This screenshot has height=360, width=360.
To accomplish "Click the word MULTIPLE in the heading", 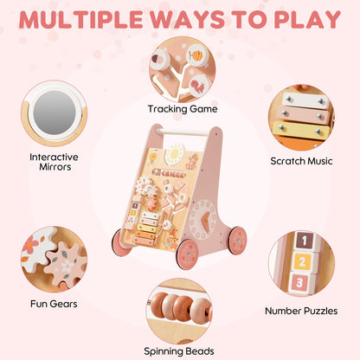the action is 80,20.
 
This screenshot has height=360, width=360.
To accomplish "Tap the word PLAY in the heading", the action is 307,20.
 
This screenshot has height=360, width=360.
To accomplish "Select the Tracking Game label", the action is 183,109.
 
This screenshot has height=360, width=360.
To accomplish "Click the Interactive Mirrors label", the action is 54,162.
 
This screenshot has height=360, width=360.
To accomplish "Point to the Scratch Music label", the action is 301,161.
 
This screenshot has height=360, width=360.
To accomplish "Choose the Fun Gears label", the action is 54,304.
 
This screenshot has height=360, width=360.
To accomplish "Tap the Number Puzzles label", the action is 301,311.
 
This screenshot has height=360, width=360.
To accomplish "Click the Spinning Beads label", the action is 179,351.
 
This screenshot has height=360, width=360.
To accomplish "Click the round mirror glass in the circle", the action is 55,112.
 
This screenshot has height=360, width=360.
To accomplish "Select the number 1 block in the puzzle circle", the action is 305,241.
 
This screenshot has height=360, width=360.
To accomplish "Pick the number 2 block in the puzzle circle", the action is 302,261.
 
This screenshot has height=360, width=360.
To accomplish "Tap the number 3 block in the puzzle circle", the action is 299,283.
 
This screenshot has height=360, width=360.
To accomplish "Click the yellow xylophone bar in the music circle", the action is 301,131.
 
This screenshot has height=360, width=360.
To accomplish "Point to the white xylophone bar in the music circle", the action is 305,100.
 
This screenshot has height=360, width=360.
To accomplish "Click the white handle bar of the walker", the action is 183,132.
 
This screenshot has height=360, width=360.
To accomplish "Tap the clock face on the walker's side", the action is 202,220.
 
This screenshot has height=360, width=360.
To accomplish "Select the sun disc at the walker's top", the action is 175,154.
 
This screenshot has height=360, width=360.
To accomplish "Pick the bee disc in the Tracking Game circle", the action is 197,55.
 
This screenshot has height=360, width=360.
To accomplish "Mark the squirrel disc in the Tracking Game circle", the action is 199,86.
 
